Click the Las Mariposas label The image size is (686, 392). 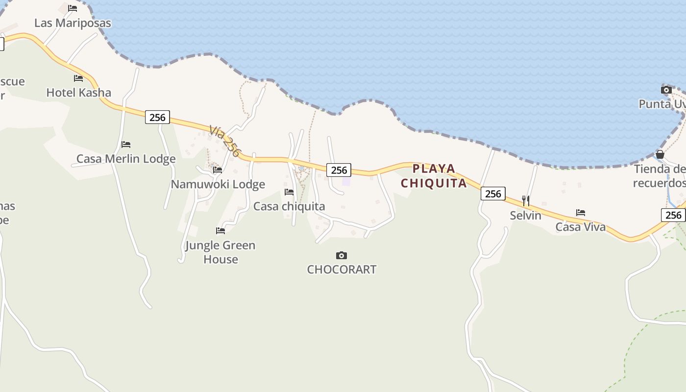coord(73,23)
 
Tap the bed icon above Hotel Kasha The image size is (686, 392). coord(78,78)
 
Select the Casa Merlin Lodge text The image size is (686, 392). coord(126,159)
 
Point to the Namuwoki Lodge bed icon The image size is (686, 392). coord(218,170)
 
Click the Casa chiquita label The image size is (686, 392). coord(289,206)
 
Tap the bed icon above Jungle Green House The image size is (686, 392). coord(220,231)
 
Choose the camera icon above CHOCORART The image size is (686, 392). coord(342,255)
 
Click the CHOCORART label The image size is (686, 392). coord(342,269)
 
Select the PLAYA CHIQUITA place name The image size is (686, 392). coord(434,176)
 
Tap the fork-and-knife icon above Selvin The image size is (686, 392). coord(525,200)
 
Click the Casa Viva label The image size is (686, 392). coord(580,227)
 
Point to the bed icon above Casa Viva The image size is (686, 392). coord(581,213)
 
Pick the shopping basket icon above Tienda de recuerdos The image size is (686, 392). coord(660,154)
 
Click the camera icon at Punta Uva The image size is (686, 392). coord(666,90)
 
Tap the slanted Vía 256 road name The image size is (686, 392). coord(224,141)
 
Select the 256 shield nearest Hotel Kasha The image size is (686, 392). coord(157,117)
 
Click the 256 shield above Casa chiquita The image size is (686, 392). coord(339,170)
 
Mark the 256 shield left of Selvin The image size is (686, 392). coord(493,194)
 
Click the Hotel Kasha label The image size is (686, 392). coord(78,93)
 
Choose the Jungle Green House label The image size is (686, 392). coord(220,252)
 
